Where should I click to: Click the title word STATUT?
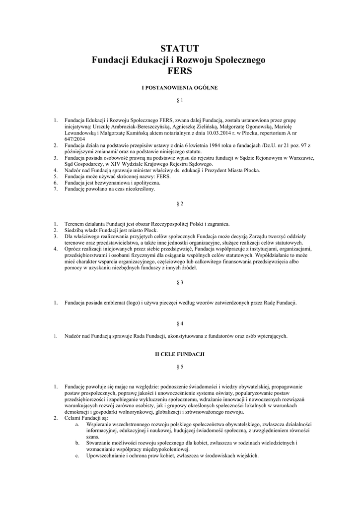click(180, 49)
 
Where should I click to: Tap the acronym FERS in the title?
click(180, 70)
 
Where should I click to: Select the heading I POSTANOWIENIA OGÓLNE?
click(180, 87)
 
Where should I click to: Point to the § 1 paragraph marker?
click(180, 101)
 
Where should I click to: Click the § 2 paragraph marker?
click(180, 204)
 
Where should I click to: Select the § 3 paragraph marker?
click(180, 282)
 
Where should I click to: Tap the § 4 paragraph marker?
click(180, 323)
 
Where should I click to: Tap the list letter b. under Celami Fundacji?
click(76, 442)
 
